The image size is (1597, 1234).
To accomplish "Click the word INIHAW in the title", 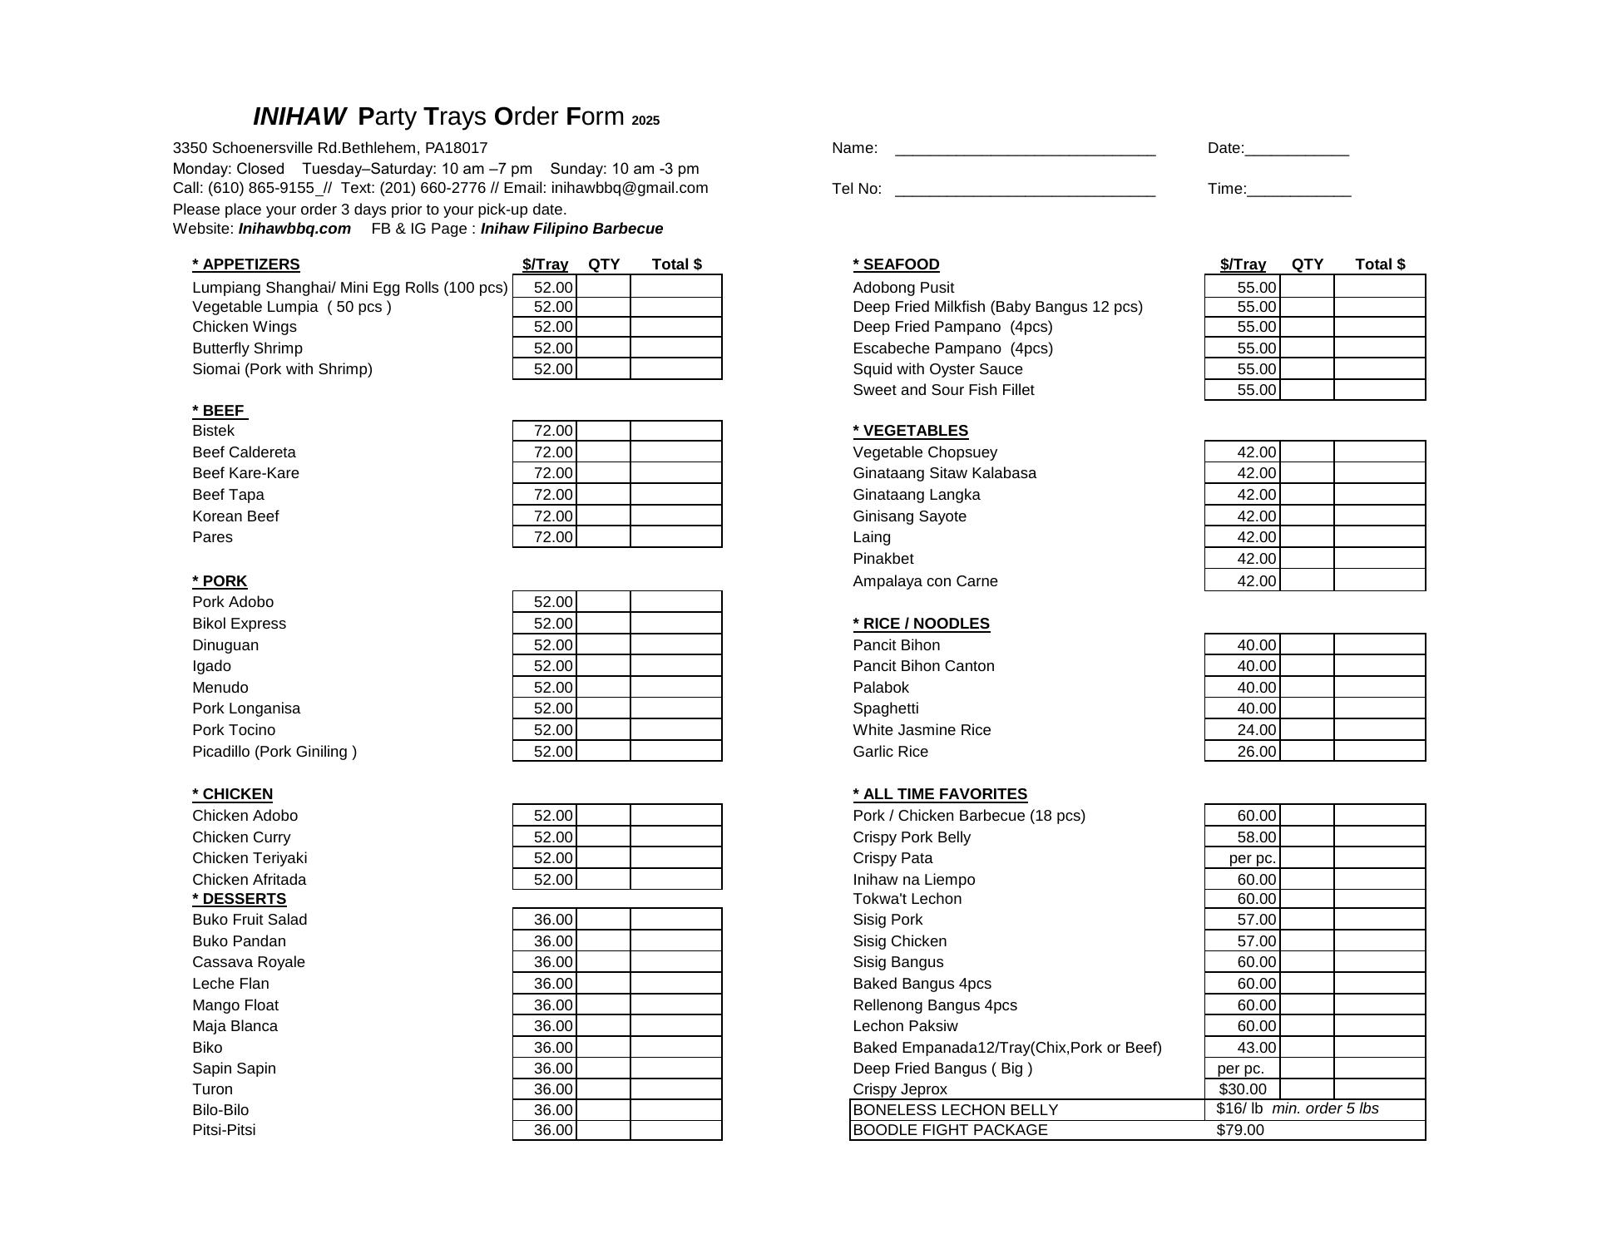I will [x=299, y=116].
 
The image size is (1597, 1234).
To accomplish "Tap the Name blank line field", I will [x=1025, y=150].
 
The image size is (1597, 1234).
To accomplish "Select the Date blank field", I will [x=1297, y=150].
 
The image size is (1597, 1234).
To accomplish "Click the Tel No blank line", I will [x=1025, y=190].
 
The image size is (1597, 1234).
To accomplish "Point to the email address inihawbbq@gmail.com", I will [x=630, y=188].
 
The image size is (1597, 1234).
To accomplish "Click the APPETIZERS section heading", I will [x=246, y=264].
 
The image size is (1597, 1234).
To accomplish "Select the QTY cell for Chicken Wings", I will [x=603, y=328].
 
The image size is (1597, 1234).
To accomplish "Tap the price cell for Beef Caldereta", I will [x=545, y=452].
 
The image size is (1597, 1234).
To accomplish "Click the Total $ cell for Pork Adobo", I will [x=675, y=602].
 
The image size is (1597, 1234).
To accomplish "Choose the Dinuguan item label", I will [x=225, y=645].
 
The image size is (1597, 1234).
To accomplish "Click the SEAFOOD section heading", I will [x=897, y=264].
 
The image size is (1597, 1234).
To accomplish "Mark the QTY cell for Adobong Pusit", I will [x=1307, y=288].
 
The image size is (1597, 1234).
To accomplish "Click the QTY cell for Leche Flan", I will [x=603, y=984].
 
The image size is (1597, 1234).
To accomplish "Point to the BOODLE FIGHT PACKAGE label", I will [x=951, y=1130].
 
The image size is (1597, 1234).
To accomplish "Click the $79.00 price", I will [x=1240, y=1130].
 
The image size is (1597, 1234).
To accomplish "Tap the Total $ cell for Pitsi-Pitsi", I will [x=675, y=1130].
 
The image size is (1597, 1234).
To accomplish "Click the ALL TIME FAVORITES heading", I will [x=940, y=794].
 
